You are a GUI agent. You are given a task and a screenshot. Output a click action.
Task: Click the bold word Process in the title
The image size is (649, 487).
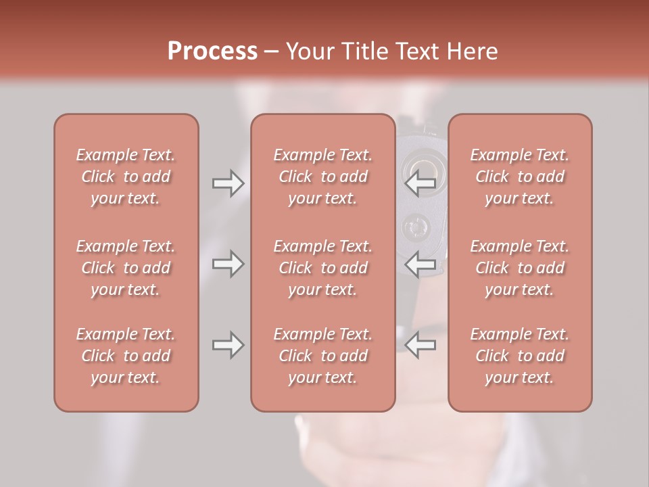coord(212,51)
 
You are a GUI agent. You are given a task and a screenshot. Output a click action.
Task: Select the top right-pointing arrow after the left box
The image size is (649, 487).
coord(228,183)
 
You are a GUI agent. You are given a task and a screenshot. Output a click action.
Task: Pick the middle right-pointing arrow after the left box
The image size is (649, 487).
coord(228,264)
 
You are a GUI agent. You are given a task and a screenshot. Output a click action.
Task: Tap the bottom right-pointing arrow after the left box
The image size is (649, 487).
coord(228,346)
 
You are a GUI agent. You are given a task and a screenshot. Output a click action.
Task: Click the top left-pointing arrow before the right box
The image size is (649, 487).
coord(420,183)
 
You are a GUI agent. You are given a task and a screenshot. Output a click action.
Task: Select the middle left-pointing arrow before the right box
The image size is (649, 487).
coord(420,264)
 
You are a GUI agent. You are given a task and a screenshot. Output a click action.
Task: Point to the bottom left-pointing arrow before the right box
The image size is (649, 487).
coord(420,346)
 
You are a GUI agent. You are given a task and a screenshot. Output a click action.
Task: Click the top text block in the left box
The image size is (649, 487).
coord(126,177)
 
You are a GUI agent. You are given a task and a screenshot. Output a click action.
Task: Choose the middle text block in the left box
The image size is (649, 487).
coord(126,268)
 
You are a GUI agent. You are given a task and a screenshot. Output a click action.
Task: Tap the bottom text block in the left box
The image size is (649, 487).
coord(126,356)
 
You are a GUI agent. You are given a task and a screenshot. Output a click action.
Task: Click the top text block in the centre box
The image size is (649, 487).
coord(322,177)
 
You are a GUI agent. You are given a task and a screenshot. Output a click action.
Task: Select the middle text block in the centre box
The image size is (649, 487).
coord(322,268)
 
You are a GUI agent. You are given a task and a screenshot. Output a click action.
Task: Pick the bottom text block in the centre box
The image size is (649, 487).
coord(322,356)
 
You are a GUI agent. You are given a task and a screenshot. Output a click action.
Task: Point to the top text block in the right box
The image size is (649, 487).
coord(519,177)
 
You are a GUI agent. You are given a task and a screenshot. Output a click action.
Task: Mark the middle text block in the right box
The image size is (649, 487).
coord(519,268)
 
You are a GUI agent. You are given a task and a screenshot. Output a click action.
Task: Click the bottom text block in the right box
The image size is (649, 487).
coord(519,356)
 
